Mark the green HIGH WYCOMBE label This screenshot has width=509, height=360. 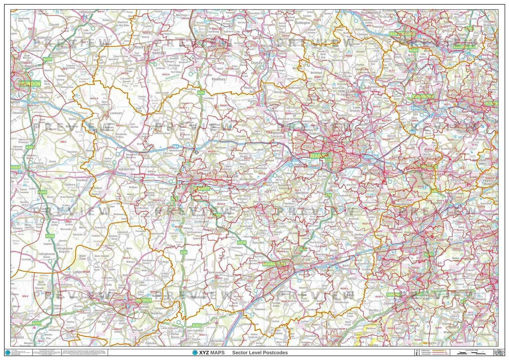(403, 34)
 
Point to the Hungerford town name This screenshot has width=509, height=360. (126, 169)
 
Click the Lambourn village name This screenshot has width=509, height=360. (116, 113)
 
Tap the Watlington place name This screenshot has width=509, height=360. (303, 23)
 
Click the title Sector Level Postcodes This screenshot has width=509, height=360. (260, 353)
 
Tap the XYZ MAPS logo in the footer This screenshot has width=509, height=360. (208, 353)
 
